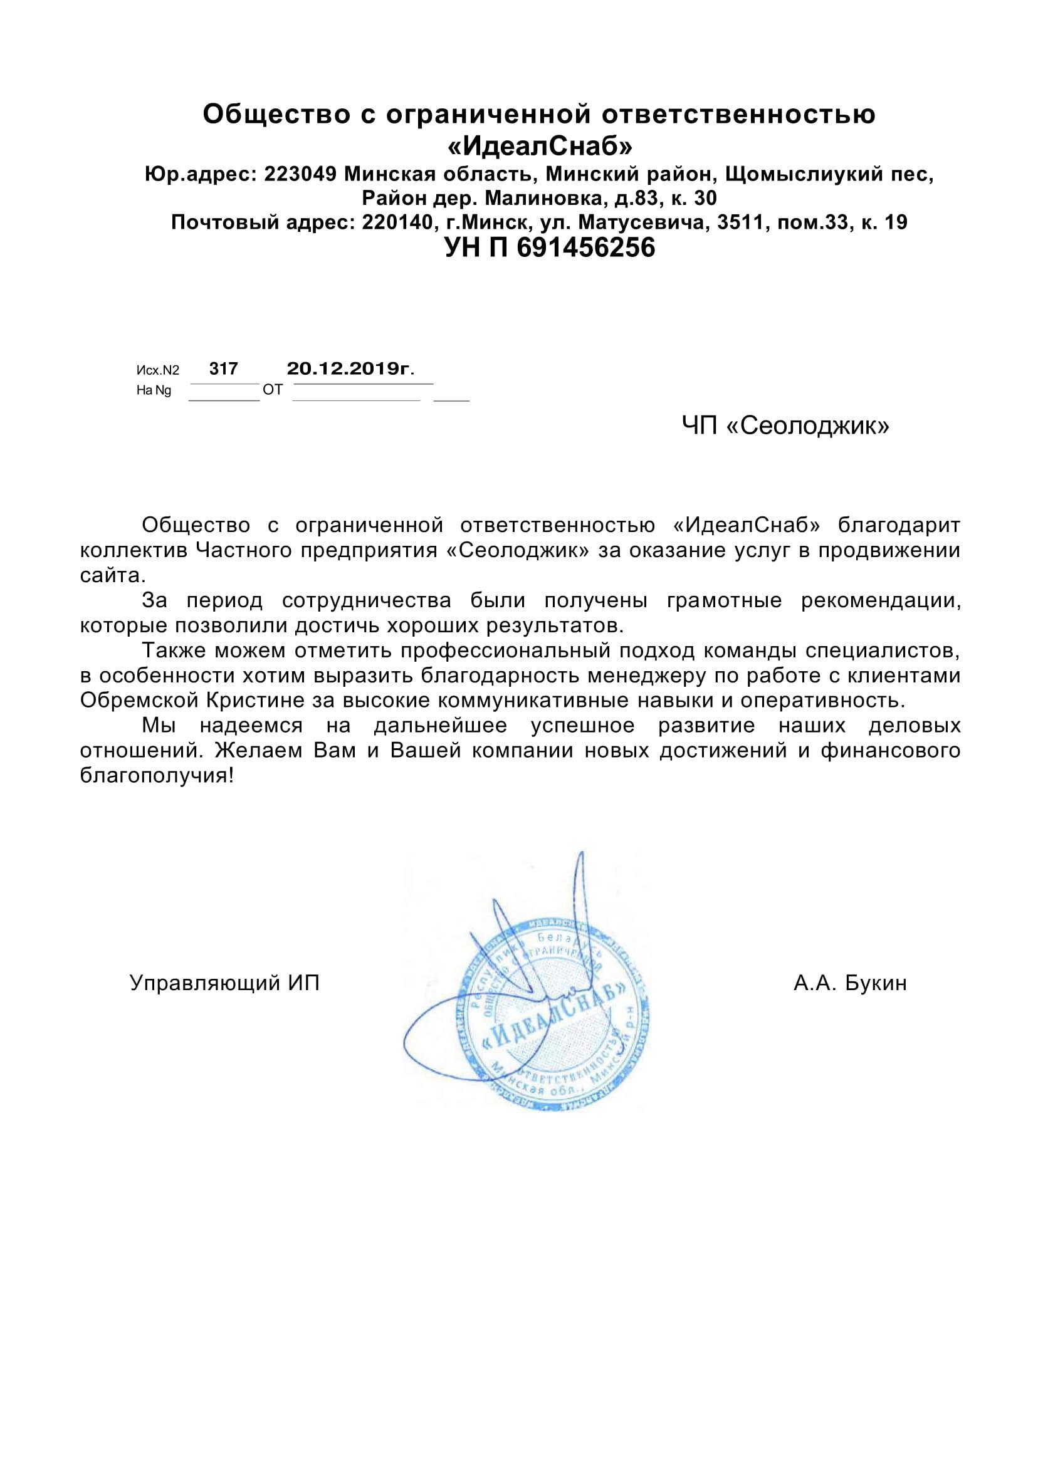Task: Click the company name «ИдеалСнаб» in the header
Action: pos(540,146)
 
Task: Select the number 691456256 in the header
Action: pos(585,248)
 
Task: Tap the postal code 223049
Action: pos(300,174)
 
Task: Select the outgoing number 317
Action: pos(224,368)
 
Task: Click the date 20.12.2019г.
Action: pos(350,368)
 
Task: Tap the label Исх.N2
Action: pos(158,370)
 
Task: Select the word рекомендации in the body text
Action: pos(880,600)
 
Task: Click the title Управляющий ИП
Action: pos(224,983)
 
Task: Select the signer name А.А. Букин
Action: pos(850,983)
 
